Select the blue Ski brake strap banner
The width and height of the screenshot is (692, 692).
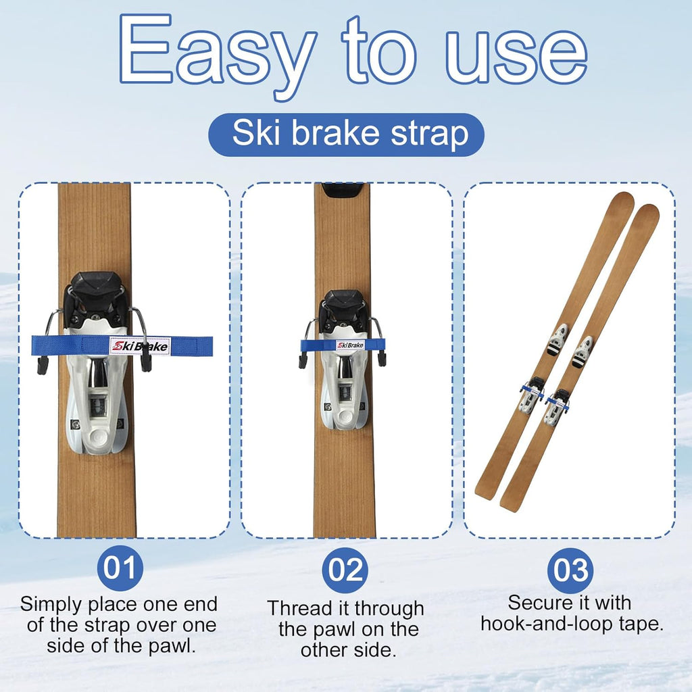tap(346, 134)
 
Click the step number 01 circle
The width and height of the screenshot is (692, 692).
tap(120, 569)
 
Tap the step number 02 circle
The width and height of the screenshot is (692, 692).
tap(345, 570)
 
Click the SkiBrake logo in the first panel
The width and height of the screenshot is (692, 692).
tap(140, 347)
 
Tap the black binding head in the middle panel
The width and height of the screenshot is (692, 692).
tap(343, 306)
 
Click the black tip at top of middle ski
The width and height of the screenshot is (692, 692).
tap(343, 190)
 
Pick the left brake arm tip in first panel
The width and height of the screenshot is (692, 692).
tap(43, 366)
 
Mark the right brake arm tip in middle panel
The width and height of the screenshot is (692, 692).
tap(382, 359)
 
